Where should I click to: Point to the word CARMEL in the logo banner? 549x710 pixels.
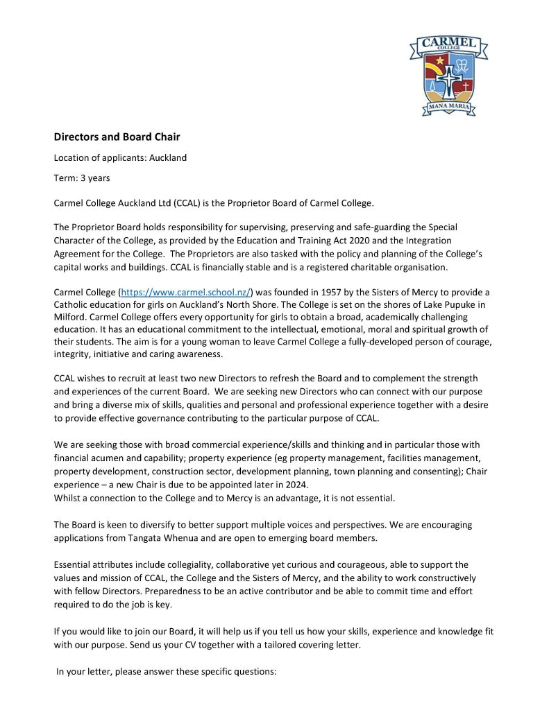click(448, 44)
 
